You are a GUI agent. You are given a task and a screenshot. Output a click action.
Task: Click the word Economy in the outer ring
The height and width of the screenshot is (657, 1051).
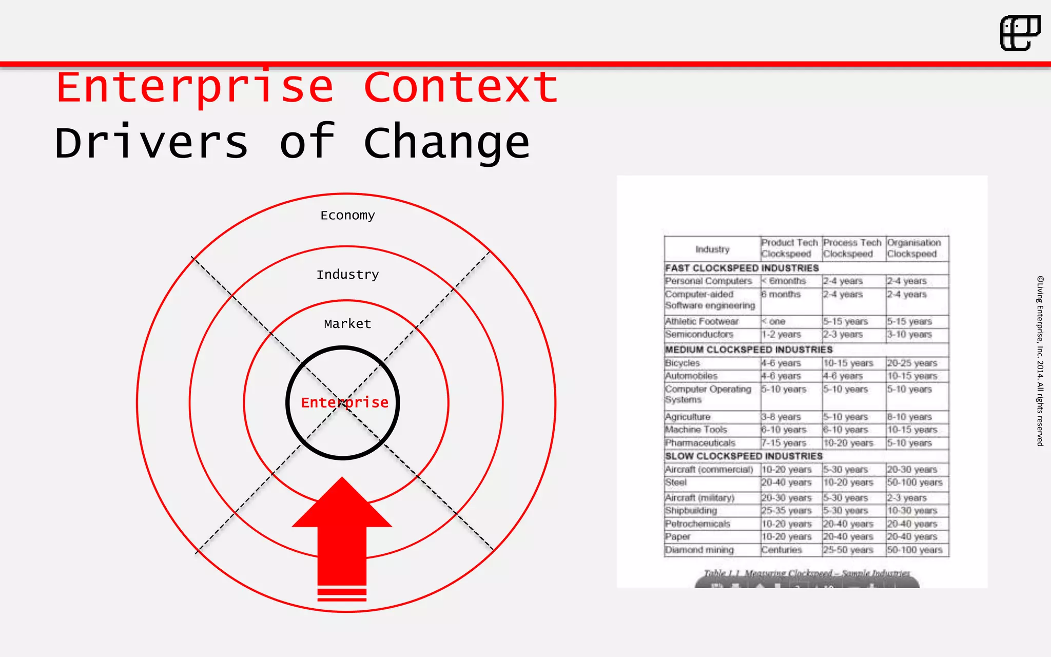(347, 215)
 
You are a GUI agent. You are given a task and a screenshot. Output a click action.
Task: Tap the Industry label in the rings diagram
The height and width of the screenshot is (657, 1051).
(347, 275)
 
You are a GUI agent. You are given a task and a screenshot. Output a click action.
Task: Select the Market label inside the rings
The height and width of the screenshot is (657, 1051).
(347, 324)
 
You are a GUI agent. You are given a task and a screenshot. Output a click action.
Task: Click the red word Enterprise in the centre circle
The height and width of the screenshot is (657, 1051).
(344, 402)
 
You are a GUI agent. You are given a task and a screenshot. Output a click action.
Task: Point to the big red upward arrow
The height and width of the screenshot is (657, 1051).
(342, 534)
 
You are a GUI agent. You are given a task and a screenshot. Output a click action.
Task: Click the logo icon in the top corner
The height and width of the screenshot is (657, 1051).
(1020, 33)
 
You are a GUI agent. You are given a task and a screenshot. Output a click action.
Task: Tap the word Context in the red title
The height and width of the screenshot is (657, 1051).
(460, 87)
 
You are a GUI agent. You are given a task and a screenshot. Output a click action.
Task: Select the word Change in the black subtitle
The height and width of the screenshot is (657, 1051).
(446, 143)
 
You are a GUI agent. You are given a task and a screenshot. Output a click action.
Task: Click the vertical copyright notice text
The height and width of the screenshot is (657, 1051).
(1040, 361)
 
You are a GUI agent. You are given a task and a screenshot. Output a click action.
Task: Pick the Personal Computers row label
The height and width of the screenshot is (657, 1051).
(708, 281)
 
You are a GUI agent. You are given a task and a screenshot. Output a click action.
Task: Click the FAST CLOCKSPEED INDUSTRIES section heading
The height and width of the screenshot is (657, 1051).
(742, 268)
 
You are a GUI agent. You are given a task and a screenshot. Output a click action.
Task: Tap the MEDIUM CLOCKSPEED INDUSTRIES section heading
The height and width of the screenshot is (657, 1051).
(749, 350)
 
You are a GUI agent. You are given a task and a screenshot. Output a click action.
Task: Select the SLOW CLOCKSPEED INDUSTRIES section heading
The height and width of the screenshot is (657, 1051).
(744, 456)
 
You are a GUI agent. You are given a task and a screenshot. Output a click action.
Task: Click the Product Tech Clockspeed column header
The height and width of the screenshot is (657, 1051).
(789, 248)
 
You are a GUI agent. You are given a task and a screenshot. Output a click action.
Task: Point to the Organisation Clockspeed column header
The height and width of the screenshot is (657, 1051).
(914, 248)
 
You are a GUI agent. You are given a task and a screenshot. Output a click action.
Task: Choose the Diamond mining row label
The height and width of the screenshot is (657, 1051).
(699, 550)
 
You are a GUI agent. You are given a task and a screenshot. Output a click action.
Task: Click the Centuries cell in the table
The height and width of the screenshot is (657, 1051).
(781, 550)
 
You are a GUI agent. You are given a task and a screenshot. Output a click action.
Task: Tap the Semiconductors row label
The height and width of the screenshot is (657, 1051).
(699, 334)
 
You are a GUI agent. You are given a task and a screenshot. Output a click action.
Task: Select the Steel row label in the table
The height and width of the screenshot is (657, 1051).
(676, 482)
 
